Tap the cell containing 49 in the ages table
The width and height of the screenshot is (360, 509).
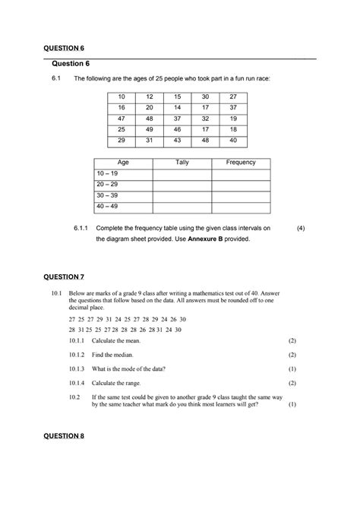[x=150, y=130]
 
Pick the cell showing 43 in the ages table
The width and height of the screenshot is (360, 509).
[x=177, y=141]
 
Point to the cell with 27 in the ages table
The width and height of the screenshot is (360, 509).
[x=233, y=97]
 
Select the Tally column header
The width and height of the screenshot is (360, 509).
[x=182, y=163]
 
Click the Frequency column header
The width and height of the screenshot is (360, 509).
[x=241, y=163]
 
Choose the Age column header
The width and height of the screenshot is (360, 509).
[x=122, y=163]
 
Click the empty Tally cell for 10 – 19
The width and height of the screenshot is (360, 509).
[x=182, y=174]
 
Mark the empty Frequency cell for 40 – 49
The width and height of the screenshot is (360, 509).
[x=241, y=207]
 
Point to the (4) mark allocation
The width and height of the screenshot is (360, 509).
[x=301, y=227]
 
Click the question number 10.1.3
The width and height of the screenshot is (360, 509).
[x=78, y=368]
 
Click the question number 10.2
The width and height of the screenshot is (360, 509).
[x=74, y=397]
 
